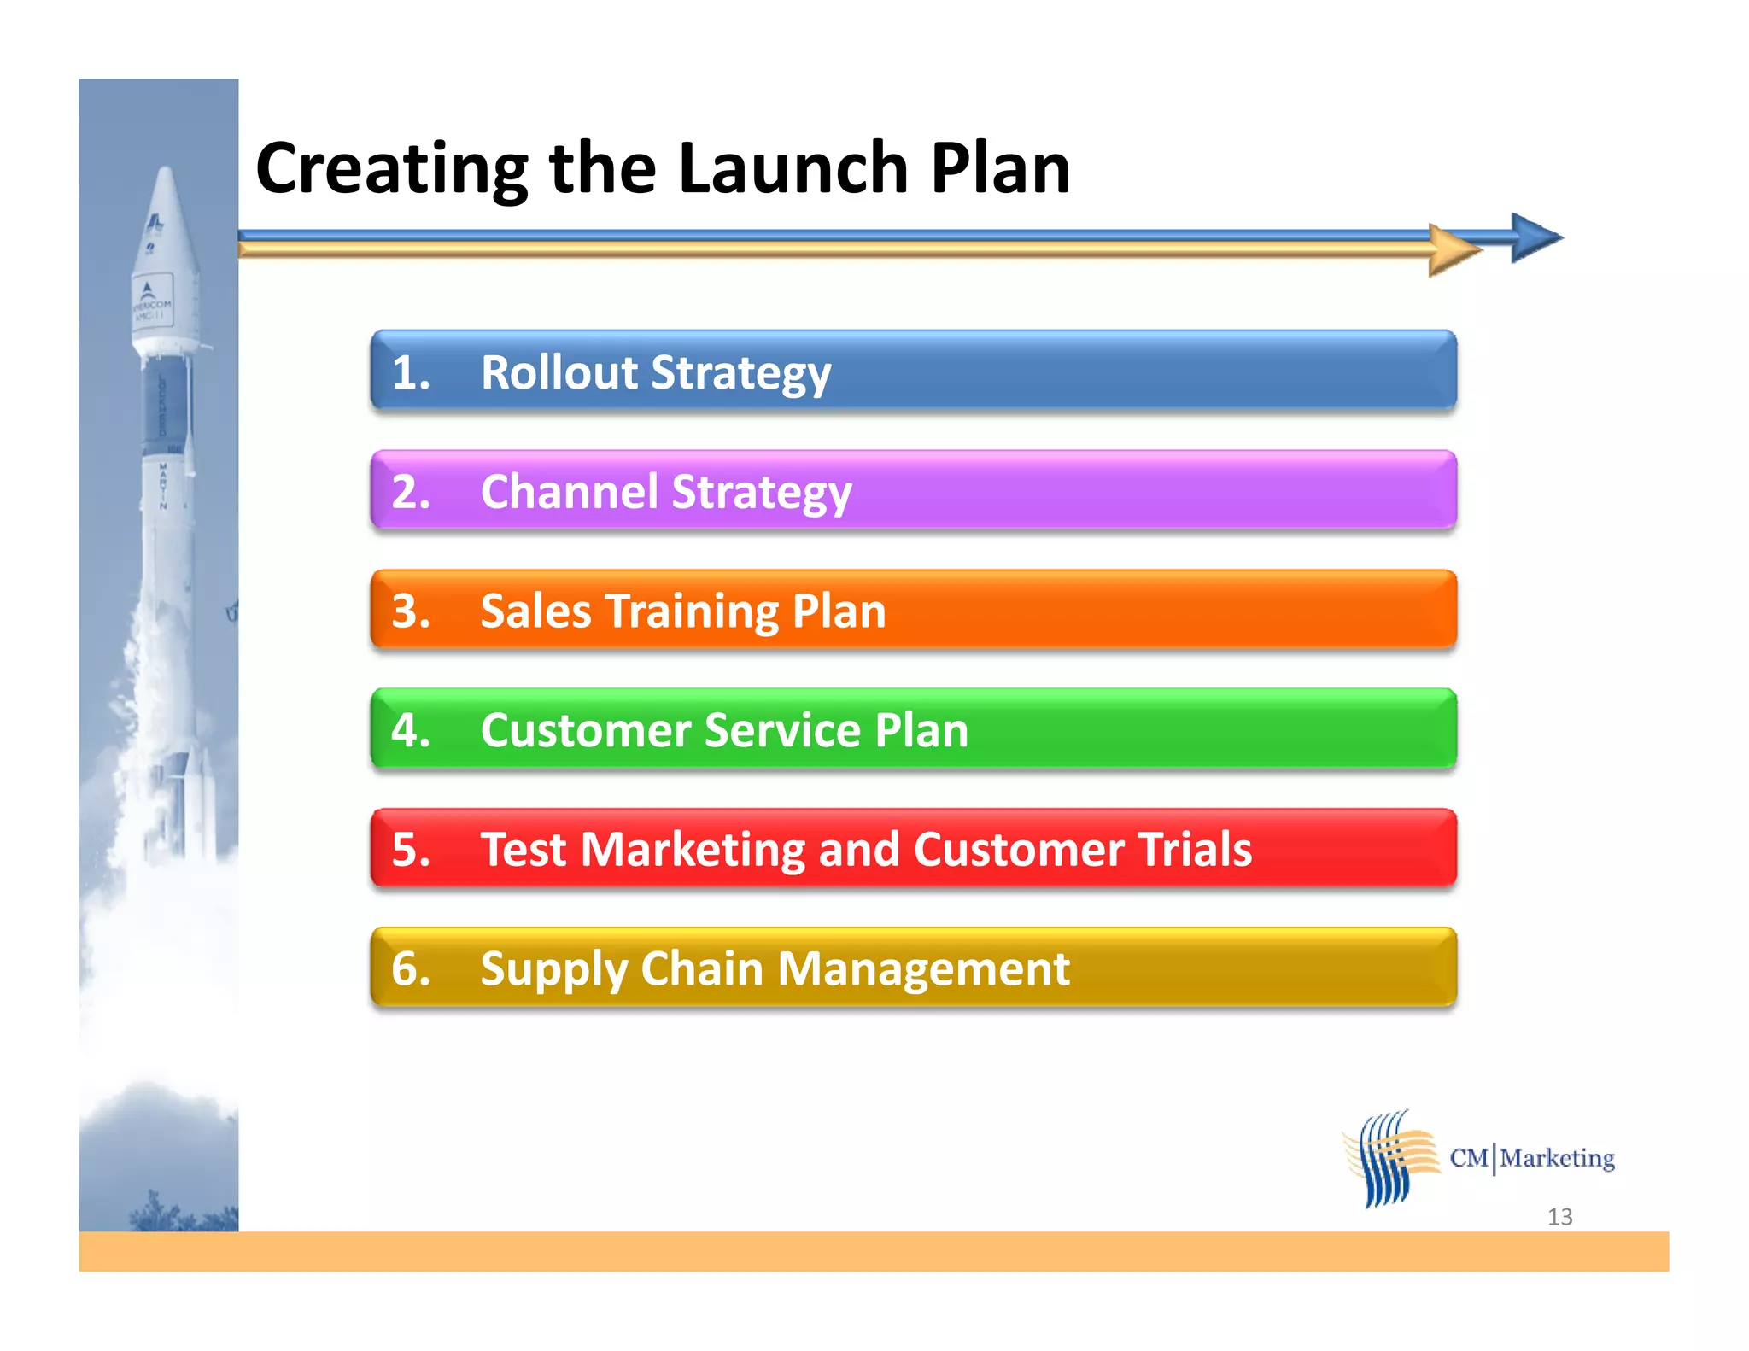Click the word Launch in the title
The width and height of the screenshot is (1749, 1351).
pyautogui.click(x=792, y=168)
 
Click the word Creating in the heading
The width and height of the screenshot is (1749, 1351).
pyautogui.click(x=391, y=170)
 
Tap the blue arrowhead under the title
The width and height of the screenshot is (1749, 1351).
pyautogui.click(x=1535, y=237)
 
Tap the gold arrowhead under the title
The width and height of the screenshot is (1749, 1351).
pyautogui.click(x=1453, y=250)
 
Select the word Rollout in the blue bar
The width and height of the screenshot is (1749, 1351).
pyautogui.click(x=559, y=373)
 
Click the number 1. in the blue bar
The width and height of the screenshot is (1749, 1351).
pyautogui.click(x=411, y=373)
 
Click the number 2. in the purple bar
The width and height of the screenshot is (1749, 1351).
pyautogui.click(x=411, y=493)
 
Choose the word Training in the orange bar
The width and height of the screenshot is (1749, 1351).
pyautogui.click(x=693, y=612)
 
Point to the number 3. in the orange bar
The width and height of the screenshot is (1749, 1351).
pyautogui.click(x=411, y=611)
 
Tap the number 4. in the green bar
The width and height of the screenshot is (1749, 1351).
pyautogui.click(x=411, y=731)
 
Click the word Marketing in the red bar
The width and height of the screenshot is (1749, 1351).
pyautogui.click(x=693, y=851)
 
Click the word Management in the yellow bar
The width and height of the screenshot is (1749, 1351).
pyautogui.click(x=923, y=970)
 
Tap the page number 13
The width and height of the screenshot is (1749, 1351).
pyautogui.click(x=1559, y=1217)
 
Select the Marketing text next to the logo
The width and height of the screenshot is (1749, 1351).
pyautogui.click(x=1557, y=1158)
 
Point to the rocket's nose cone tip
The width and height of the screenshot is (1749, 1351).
pyautogui.click(x=165, y=172)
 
